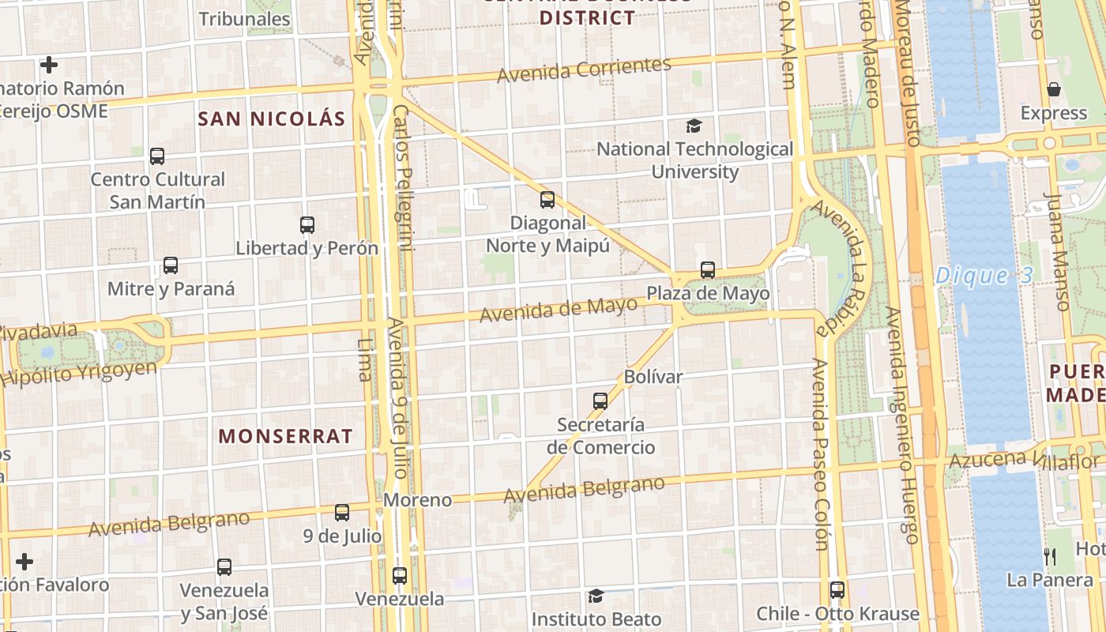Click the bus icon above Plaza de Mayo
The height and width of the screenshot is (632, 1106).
tap(708, 270)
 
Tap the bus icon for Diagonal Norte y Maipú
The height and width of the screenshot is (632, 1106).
tap(547, 200)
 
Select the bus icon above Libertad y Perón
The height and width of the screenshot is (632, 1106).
tap(307, 225)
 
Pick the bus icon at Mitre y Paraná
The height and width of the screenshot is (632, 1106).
tap(171, 265)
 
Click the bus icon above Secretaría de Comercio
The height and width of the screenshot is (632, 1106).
tap(600, 401)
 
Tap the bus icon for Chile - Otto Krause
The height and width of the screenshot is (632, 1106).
tap(837, 590)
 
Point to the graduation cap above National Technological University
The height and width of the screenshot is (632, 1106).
tap(694, 126)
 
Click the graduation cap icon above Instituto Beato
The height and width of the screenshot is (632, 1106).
tap(596, 596)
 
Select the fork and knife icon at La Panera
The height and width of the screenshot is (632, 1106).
tap(1050, 557)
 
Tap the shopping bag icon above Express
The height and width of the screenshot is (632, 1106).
tap(1054, 89)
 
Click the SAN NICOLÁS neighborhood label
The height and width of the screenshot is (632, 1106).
tap(271, 119)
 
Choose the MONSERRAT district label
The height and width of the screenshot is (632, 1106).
tap(285, 436)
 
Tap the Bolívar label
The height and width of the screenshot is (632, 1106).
tap(653, 377)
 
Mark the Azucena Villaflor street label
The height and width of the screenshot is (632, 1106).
tap(1024, 460)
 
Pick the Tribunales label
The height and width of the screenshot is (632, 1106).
tap(245, 19)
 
